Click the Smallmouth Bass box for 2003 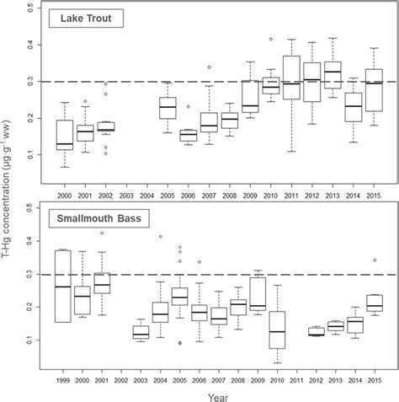point(116,332)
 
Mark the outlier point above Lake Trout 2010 point(270,39)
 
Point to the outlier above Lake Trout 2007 point(210,67)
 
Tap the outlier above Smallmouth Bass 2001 point(102,233)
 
